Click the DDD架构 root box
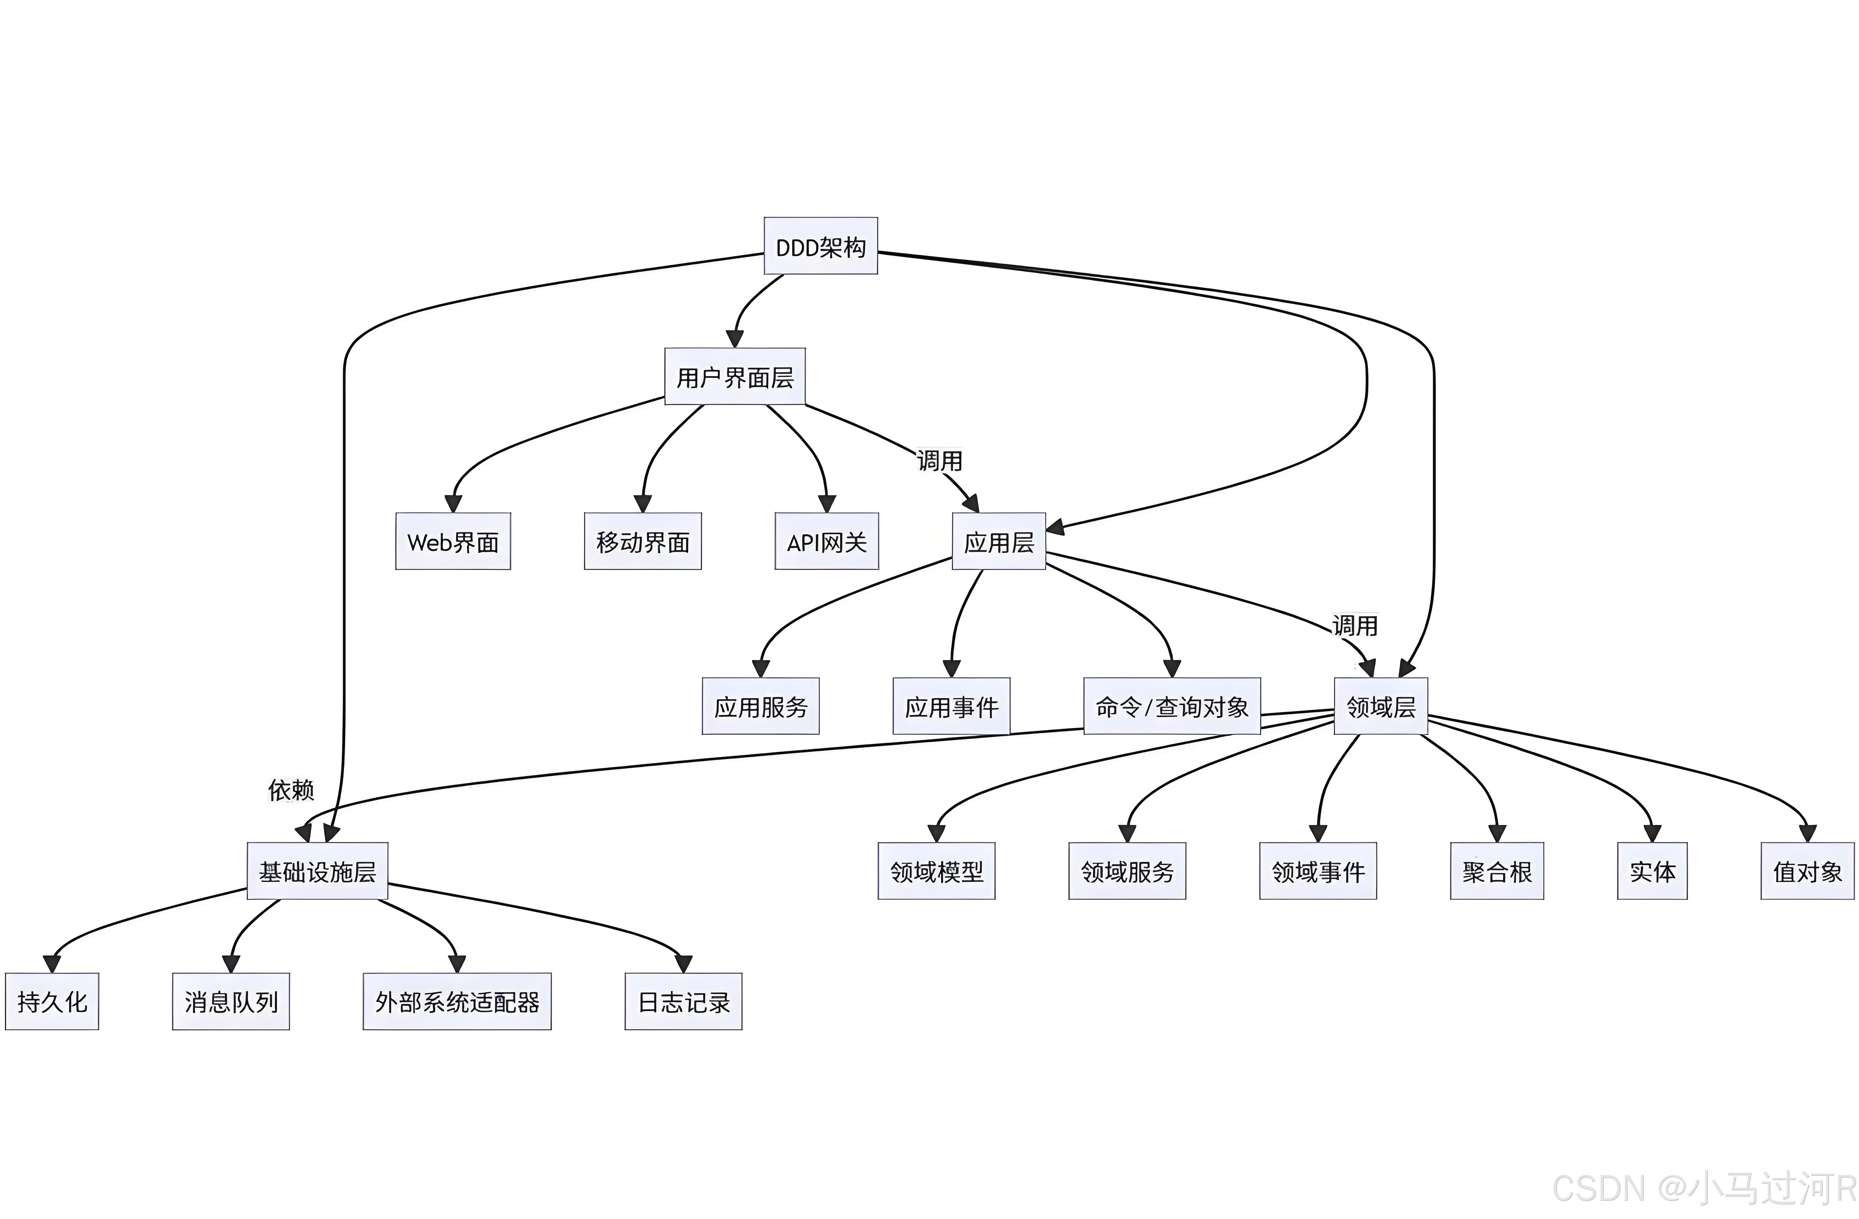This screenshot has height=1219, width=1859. point(820,246)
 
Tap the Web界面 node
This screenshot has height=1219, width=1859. point(453,541)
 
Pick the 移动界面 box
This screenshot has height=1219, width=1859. point(642,541)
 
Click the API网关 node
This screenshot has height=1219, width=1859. point(826,541)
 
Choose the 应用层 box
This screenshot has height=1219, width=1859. point(998,541)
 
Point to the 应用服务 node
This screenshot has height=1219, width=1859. point(760,706)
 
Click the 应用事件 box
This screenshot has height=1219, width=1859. point(951,706)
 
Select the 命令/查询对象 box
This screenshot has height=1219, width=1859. point(1172,706)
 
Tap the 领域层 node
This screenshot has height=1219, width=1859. point(1380,706)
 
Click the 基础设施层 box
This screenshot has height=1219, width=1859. point(317,871)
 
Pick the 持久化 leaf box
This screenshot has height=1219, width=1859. point(52,1002)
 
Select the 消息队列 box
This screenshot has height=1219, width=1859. point(231,1002)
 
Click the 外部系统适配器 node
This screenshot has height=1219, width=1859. point(457,1002)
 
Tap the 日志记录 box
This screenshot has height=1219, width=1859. point(683,1002)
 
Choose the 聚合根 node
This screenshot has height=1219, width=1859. point(1496,871)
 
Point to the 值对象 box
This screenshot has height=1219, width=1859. point(1807,871)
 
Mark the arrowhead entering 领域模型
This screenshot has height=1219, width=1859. point(937,834)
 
